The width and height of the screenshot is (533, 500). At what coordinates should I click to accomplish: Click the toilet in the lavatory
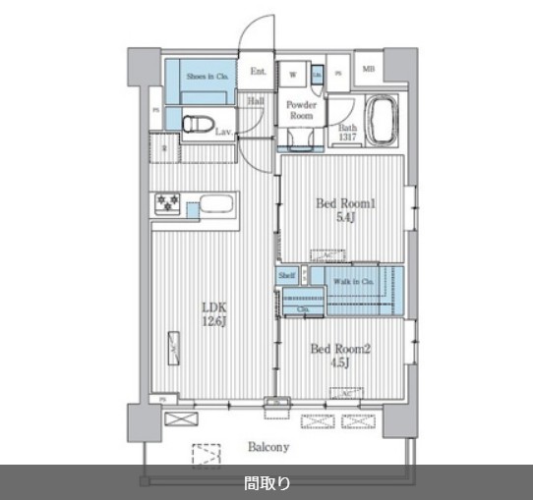tap(200, 122)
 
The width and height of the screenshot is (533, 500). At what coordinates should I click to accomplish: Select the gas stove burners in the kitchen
tap(166, 204)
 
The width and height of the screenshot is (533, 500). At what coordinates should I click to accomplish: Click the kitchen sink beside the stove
tap(213, 206)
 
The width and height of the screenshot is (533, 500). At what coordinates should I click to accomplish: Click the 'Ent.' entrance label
tap(258, 72)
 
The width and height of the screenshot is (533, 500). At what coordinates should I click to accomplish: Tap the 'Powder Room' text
tap(302, 109)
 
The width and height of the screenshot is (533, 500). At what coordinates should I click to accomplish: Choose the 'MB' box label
tap(369, 69)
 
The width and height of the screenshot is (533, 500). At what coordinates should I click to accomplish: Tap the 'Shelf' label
tap(286, 277)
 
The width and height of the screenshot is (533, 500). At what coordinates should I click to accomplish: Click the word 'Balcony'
tap(266, 448)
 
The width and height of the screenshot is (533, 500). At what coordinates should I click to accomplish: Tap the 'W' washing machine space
tap(293, 72)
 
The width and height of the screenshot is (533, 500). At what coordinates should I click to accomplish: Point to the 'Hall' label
tap(256, 100)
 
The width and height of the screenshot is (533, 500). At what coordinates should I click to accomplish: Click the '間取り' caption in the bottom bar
tap(266, 482)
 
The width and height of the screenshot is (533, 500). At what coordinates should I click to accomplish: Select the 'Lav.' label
tap(223, 131)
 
